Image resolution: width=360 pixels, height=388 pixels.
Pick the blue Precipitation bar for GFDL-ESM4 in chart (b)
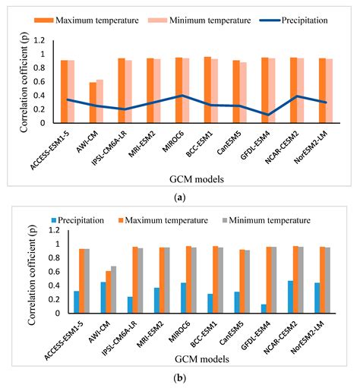coord(264,308)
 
